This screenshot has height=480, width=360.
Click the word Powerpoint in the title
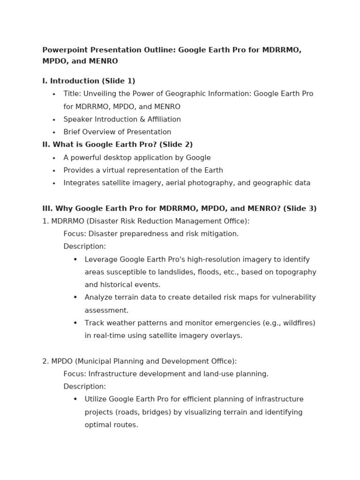click(x=62, y=50)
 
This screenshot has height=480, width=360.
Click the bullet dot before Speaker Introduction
click(x=54, y=120)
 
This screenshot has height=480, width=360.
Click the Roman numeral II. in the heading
click(x=46, y=145)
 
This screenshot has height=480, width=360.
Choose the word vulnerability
click(x=293, y=297)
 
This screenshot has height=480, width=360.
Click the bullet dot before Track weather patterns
click(x=75, y=323)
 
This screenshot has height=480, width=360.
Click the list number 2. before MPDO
click(x=45, y=361)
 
